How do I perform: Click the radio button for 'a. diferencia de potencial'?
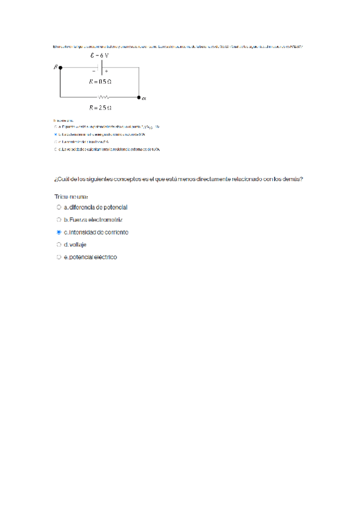point(59,207)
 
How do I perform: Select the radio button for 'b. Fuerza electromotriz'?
point(59,220)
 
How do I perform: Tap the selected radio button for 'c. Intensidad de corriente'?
point(59,232)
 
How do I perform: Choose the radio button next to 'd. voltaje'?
point(59,245)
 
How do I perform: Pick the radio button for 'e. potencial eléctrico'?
point(59,257)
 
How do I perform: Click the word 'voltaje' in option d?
point(78,245)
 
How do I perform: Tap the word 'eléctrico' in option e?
point(103,257)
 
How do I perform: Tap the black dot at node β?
point(60,69)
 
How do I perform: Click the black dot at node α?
point(139,97)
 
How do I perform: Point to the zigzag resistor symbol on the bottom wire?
point(103,97)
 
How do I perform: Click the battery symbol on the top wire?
point(100,68)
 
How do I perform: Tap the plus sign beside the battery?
point(106,71)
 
